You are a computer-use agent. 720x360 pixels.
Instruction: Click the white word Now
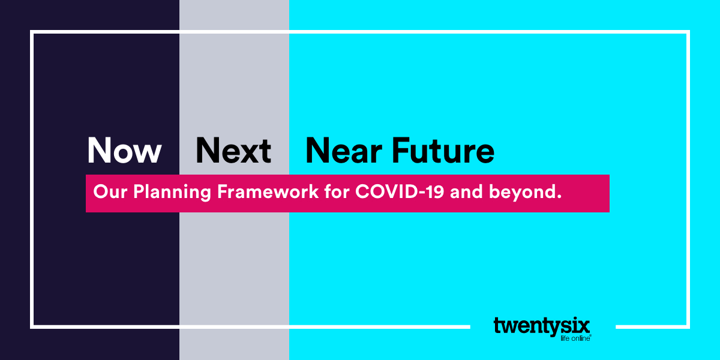(124, 150)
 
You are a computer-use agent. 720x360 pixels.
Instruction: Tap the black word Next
(233, 150)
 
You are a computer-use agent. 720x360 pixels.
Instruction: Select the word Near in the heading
(344, 151)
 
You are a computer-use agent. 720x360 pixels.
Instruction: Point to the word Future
(443, 151)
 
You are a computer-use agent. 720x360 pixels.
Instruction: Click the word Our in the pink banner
(110, 191)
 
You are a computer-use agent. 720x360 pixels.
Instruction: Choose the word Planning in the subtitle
(172, 193)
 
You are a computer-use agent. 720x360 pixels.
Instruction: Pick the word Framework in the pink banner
(268, 191)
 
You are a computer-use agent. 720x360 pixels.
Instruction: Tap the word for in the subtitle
(337, 191)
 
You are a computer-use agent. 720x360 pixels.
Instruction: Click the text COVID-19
(400, 191)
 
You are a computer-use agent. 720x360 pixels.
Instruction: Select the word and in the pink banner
(466, 191)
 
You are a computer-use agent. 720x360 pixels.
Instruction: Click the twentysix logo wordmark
(542, 326)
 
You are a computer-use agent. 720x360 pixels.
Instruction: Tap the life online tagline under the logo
(575, 338)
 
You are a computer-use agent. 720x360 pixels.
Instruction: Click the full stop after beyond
(559, 196)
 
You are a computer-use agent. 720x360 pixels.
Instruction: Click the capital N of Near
(318, 151)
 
